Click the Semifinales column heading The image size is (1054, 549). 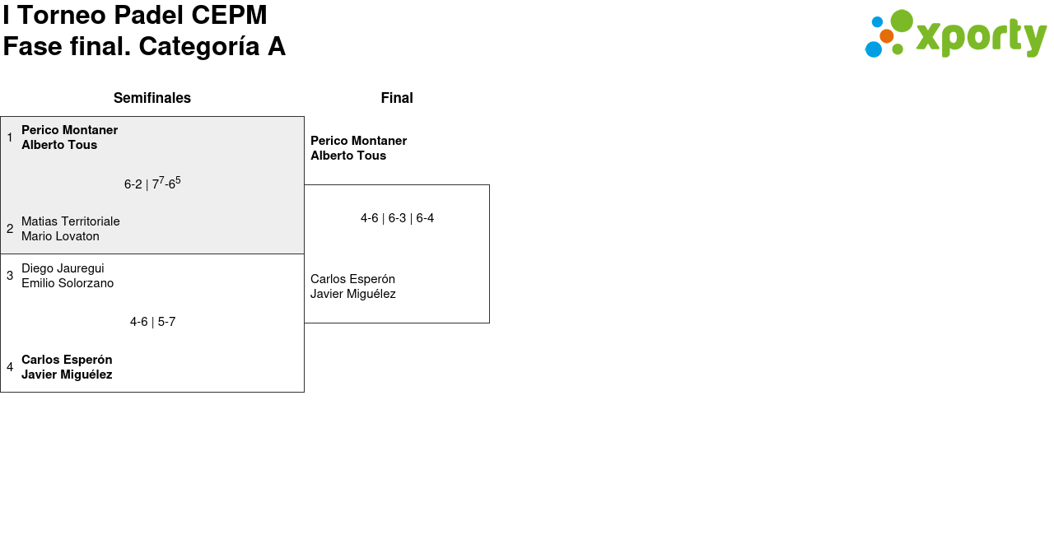tap(152, 98)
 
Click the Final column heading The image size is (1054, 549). tap(397, 98)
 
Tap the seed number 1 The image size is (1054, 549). tap(10, 137)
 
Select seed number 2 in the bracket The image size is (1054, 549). tap(10, 229)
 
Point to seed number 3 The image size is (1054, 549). tap(10, 276)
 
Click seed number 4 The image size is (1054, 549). tap(10, 367)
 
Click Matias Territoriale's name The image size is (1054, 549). tap(71, 221)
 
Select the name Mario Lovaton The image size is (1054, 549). tap(60, 236)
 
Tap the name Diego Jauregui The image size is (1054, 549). tap(63, 268)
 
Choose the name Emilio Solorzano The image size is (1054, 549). tap(68, 283)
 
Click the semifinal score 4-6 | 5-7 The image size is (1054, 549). tap(152, 322)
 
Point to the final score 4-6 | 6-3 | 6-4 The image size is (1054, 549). tap(397, 218)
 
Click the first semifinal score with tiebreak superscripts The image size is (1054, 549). tap(152, 184)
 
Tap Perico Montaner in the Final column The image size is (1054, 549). tap(358, 141)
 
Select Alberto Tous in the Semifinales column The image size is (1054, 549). tap(59, 145)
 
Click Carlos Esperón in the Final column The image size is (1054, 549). tap(352, 279)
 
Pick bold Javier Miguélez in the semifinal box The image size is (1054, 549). tap(67, 375)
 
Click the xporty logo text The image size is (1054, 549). tap(980, 37)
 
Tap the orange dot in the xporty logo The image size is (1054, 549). tap(887, 36)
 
